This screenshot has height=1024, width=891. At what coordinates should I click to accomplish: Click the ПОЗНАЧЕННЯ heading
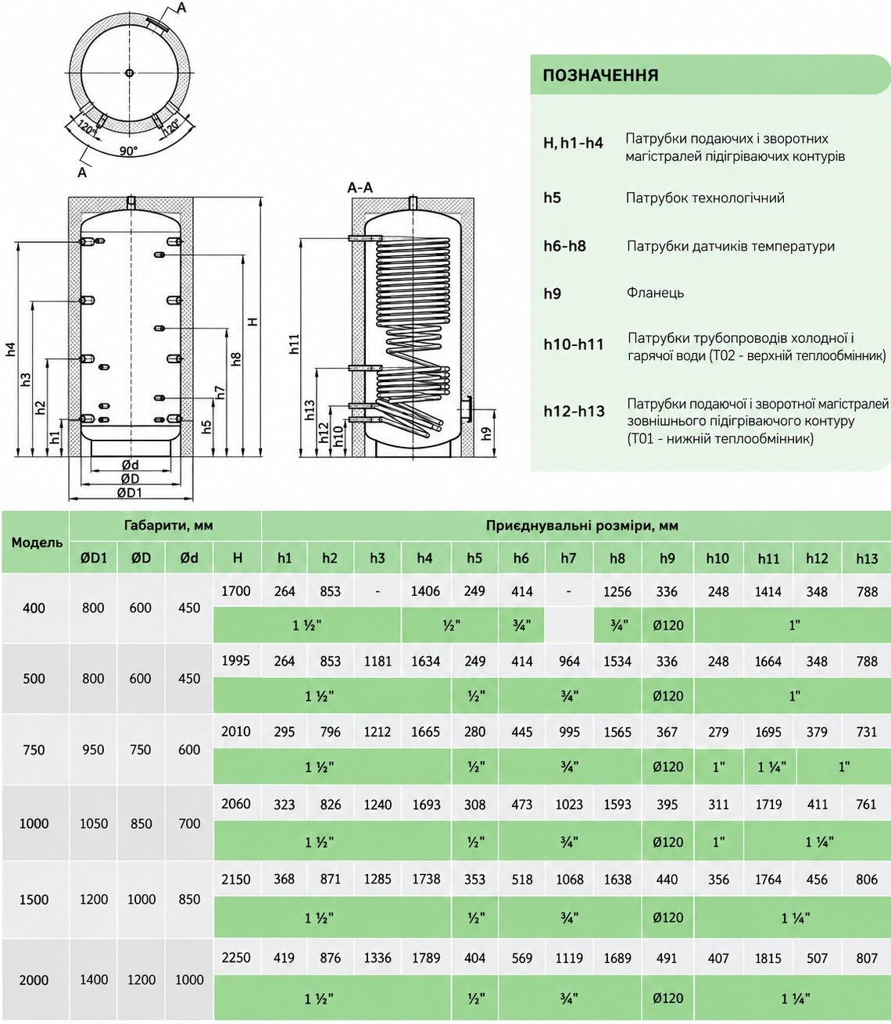tap(600, 75)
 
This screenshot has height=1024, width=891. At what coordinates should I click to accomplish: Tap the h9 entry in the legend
tap(552, 293)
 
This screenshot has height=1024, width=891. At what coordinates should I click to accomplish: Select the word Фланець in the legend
tap(655, 293)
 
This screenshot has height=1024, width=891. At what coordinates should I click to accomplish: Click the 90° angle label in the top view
tap(129, 151)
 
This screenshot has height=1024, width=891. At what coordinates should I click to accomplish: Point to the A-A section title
tap(360, 187)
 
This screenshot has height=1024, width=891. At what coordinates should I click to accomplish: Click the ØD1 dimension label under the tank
tap(130, 493)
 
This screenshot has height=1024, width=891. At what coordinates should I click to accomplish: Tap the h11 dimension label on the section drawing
tap(295, 344)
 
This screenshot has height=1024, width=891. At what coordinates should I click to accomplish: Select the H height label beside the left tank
tap(253, 321)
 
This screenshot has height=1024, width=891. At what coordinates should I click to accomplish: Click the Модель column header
tap(37, 543)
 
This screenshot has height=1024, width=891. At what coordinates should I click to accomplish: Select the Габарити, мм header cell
tap(168, 526)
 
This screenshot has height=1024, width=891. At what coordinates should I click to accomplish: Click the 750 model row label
tap(34, 750)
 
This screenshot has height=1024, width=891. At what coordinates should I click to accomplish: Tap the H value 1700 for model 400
tap(236, 591)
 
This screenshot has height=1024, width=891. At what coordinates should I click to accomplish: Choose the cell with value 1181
tap(378, 661)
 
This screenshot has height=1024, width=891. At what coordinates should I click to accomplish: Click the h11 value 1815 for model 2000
tap(768, 958)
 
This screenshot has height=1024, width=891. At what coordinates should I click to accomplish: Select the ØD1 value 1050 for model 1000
tap(94, 823)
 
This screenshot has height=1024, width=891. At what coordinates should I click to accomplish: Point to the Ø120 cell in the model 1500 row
tap(667, 918)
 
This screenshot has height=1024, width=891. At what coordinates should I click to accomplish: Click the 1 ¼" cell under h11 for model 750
tap(771, 767)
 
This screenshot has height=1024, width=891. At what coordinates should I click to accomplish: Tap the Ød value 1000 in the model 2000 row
tap(189, 979)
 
